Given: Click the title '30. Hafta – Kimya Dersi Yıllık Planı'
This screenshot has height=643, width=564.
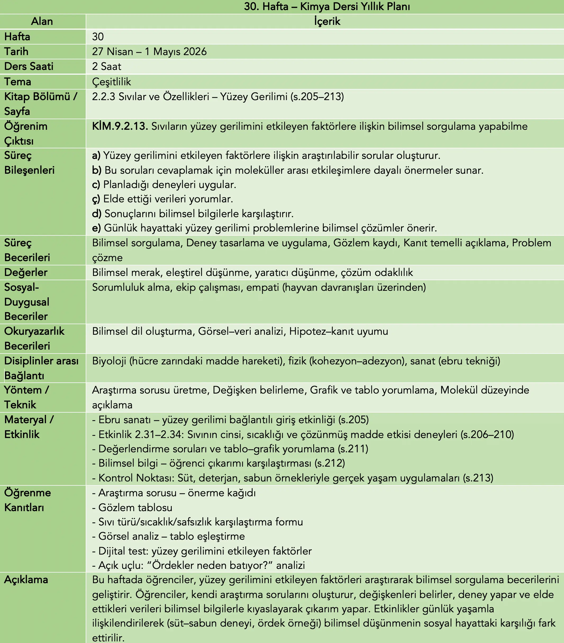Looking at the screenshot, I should click(x=327, y=6).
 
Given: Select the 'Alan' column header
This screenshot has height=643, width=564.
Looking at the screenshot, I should click(x=42, y=21).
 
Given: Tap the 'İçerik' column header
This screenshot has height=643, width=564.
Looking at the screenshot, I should click(x=327, y=21).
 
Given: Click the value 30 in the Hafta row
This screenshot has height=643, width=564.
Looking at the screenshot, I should click(x=98, y=37).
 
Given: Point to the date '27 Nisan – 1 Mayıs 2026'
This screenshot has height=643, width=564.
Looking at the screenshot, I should click(x=149, y=52).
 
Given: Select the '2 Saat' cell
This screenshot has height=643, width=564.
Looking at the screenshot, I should click(x=107, y=66).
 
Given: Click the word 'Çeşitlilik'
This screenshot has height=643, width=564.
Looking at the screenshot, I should click(x=112, y=82).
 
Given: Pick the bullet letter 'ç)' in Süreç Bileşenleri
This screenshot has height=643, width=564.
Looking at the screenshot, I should click(x=96, y=199).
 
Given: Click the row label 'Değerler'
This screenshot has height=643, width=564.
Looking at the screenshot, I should click(x=26, y=273).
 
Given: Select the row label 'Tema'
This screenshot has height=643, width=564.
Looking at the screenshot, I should click(x=18, y=82).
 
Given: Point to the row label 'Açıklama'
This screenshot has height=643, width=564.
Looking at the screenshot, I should click(x=26, y=580).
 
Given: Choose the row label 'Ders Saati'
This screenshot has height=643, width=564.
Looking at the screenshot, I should click(x=29, y=66).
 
